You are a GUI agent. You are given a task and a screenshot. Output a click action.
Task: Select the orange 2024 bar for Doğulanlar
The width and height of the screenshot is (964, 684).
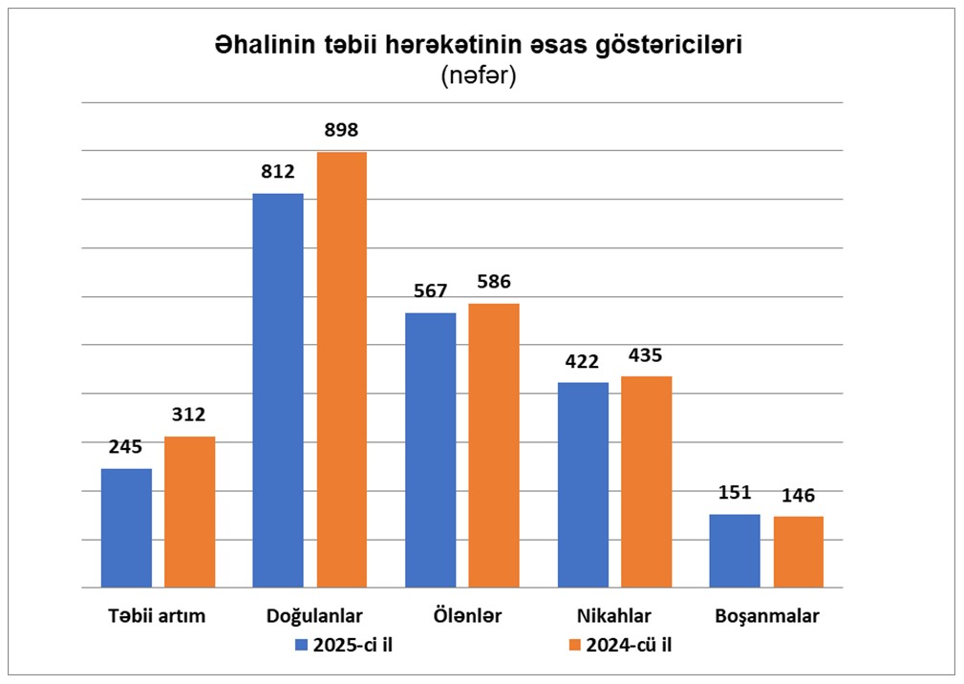pos(342,370)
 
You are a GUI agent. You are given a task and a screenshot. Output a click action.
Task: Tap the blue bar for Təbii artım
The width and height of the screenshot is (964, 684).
pos(126,527)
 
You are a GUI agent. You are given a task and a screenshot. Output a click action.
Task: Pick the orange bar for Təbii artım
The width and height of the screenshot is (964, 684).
pos(189,511)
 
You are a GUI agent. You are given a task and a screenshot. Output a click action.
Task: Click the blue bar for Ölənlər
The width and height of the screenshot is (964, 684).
pos(431,449)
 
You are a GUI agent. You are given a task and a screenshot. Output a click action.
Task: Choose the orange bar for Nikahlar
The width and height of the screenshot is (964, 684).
pos(647,481)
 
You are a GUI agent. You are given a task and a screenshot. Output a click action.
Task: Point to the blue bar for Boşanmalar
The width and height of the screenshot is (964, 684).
pos(736,550)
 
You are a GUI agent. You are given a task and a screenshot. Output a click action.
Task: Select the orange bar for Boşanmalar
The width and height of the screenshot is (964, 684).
pos(799,551)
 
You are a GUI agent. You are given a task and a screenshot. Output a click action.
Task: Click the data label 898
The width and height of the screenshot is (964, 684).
pos(342,131)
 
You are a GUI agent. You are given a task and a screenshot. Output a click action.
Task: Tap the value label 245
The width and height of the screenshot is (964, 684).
pos(126,447)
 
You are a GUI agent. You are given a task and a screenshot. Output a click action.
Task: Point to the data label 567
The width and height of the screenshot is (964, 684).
pos(431,291)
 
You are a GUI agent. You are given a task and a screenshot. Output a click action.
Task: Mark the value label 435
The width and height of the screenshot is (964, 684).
pos(647,355)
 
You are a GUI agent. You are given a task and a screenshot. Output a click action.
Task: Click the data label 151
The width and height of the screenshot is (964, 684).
pos(736,493)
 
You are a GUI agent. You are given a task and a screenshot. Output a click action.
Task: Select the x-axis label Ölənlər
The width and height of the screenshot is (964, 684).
pos(462,615)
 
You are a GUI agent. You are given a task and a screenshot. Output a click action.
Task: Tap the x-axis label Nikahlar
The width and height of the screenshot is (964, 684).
pos(615,615)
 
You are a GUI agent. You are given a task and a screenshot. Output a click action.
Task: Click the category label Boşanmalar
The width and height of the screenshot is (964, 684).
pos(767,615)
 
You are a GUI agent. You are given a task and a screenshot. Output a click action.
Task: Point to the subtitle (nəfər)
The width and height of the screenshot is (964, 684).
pos(479,76)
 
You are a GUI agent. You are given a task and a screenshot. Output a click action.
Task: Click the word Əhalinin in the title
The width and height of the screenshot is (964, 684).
pos(260,45)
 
